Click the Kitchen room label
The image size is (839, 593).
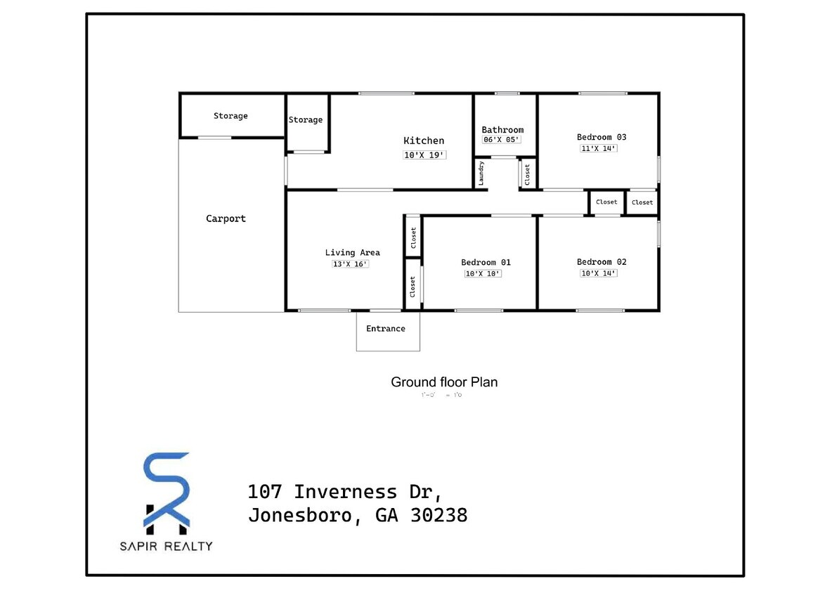424,141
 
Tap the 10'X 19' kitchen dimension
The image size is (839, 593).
424,155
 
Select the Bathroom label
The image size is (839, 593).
502,129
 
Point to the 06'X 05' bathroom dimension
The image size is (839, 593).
502,140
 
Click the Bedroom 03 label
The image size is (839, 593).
601,137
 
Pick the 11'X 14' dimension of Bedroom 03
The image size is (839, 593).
599,148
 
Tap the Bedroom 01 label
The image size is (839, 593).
486,262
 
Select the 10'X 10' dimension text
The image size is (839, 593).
483,273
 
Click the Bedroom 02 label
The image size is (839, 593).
601,262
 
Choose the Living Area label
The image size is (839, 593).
352,252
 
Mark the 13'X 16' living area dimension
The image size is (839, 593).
350,264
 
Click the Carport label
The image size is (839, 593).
226,219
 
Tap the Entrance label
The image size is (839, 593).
386,328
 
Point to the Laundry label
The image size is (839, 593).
481,174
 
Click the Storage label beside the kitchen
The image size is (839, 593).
306,120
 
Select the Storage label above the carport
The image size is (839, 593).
230,116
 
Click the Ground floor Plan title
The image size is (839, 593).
444,382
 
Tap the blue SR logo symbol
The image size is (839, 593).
166,490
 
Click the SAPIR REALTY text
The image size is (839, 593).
166,546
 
